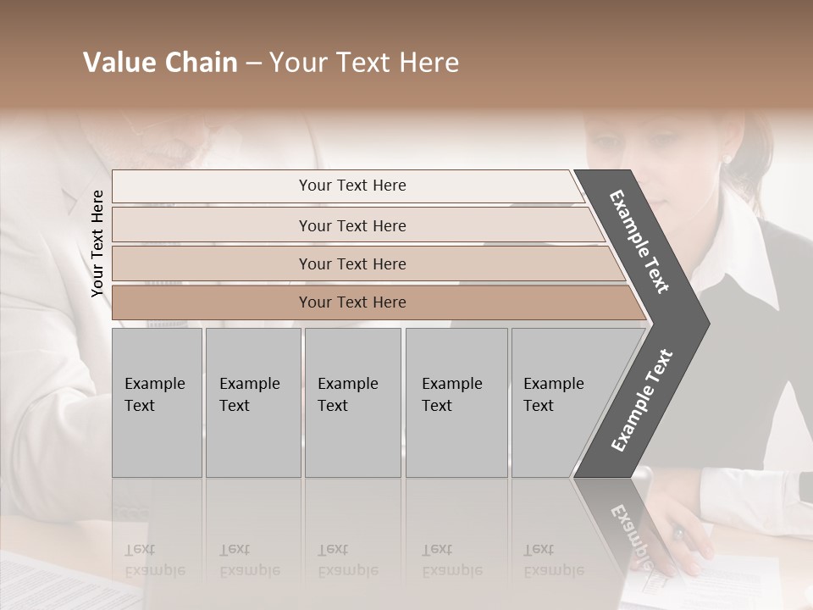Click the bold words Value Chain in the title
pyautogui.click(x=160, y=63)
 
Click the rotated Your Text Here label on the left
pyautogui.click(x=97, y=243)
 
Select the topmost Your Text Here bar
pyautogui.click(x=351, y=186)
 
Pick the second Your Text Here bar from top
pyautogui.click(x=351, y=225)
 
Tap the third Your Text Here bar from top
pyautogui.click(x=351, y=263)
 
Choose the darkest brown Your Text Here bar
pyautogui.click(x=351, y=302)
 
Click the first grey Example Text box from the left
pyautogui.click(x=156, y=402)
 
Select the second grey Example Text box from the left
pyautogui.click(x=252, y=402)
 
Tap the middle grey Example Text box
pyautogui.click(x=351, y=402)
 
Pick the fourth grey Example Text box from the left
pyautogui.click(x=456, y=402)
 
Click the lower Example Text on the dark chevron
pyautogui.click(x=642, y=400)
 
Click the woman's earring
pyautogui.click(x=727, y=158)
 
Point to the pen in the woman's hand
pyautogui.click(x=678, y=534)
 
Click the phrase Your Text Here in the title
pyautogui.click(x=364, y=63)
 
